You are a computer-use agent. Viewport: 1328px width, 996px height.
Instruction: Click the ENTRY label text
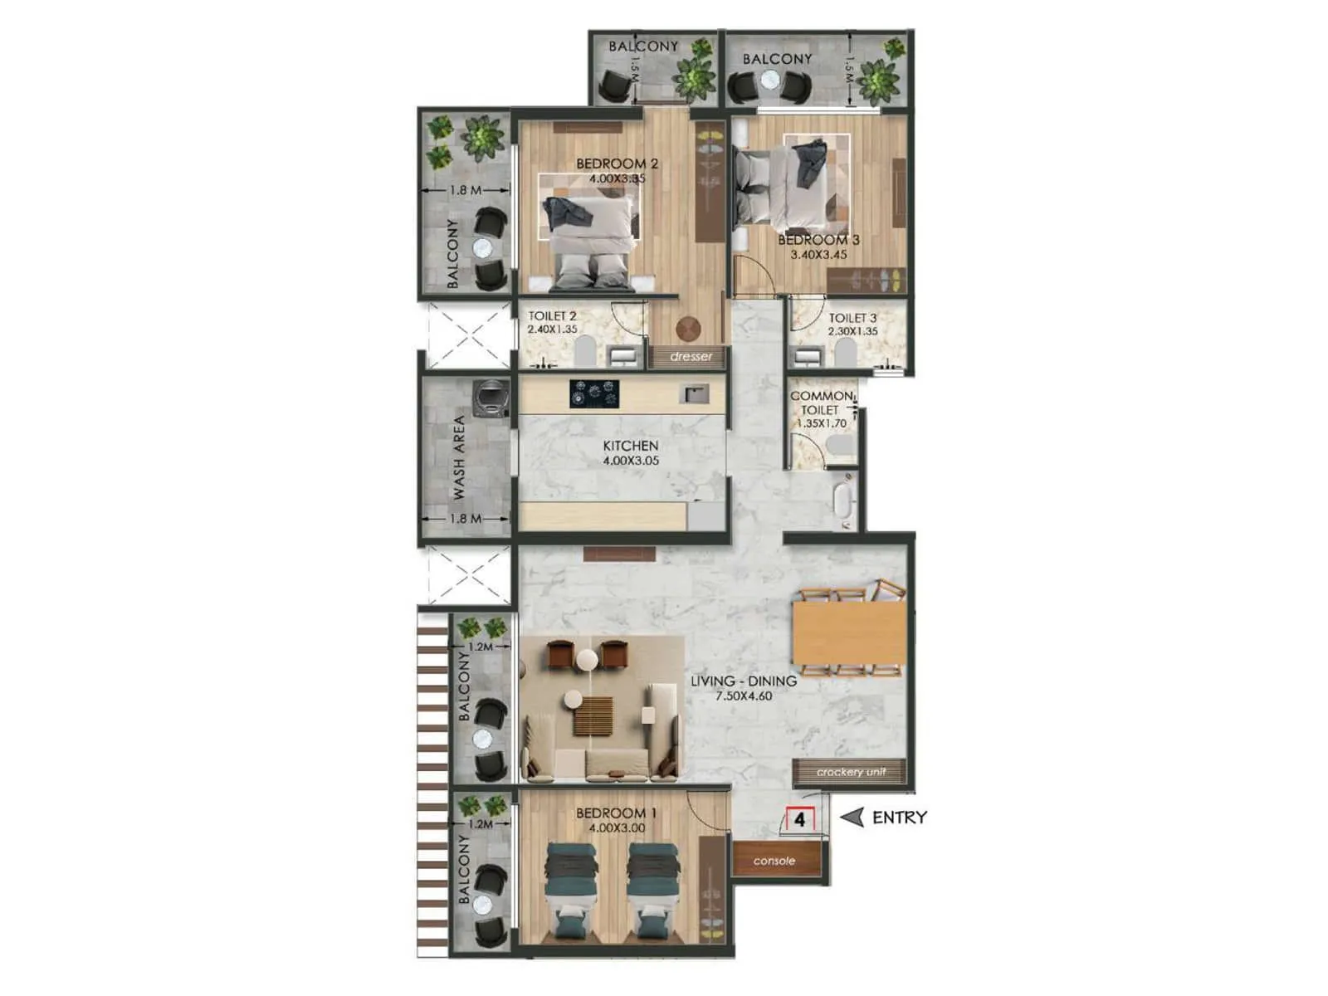point(899,818)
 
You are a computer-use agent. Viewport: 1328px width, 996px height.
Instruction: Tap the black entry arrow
point(852,818)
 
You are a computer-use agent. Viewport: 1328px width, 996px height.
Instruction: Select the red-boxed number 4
point(799,820)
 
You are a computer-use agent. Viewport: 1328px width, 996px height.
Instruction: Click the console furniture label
point(774,861)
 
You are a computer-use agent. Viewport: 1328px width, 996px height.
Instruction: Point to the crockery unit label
point(851,772)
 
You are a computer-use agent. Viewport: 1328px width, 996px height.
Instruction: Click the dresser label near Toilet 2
point(691,357)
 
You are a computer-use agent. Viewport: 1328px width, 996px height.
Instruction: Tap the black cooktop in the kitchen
point(594,393)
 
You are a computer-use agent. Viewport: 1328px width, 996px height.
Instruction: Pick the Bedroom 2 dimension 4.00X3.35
point(617,178)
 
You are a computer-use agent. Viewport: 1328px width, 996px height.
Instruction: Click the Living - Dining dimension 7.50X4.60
point(744,696)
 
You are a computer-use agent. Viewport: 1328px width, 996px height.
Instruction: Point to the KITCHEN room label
point(631,446)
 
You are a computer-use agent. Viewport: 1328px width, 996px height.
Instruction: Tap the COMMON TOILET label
point(820,403)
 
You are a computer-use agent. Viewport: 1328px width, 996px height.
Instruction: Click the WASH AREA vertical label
point(458,457)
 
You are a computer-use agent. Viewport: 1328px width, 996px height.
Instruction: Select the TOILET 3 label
point(852,318)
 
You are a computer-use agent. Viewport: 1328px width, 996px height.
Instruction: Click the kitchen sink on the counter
point(694,393)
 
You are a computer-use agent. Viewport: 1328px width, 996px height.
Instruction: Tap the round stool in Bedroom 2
point(688,329)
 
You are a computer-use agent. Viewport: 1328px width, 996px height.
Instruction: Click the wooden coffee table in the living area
point(593,715)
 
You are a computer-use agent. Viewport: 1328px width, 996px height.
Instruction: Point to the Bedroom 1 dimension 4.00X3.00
point(616,828)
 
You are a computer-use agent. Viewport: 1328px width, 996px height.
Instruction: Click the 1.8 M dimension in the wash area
point(465,519)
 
